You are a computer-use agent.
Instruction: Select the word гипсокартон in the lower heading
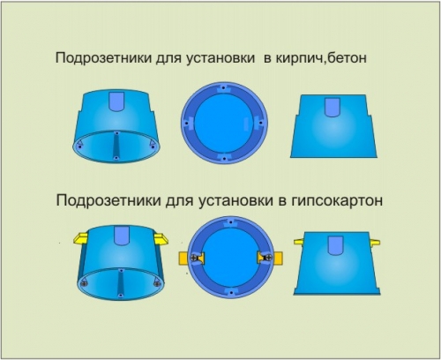click(337, 201)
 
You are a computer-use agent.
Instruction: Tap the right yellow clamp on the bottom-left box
click(161, 239)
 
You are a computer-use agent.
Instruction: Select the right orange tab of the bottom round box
click(278, 258)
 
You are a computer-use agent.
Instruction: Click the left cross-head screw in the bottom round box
click(194, 258)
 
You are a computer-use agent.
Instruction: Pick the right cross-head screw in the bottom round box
click(268, 258)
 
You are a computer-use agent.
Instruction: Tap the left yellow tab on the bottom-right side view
click(298, 242)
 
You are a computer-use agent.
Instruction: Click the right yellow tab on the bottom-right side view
click(376, 243)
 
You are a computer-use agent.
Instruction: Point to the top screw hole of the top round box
click(224, 87)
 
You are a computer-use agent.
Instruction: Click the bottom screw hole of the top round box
click(224, 159)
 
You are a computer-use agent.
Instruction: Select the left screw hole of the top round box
click(186, 124)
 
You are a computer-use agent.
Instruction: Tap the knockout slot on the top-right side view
click(333, 108)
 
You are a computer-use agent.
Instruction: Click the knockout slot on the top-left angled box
click(116, 101)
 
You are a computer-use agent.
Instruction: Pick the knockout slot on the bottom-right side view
click(335, 245)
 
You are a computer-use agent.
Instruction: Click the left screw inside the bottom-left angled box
click(84, 284)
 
